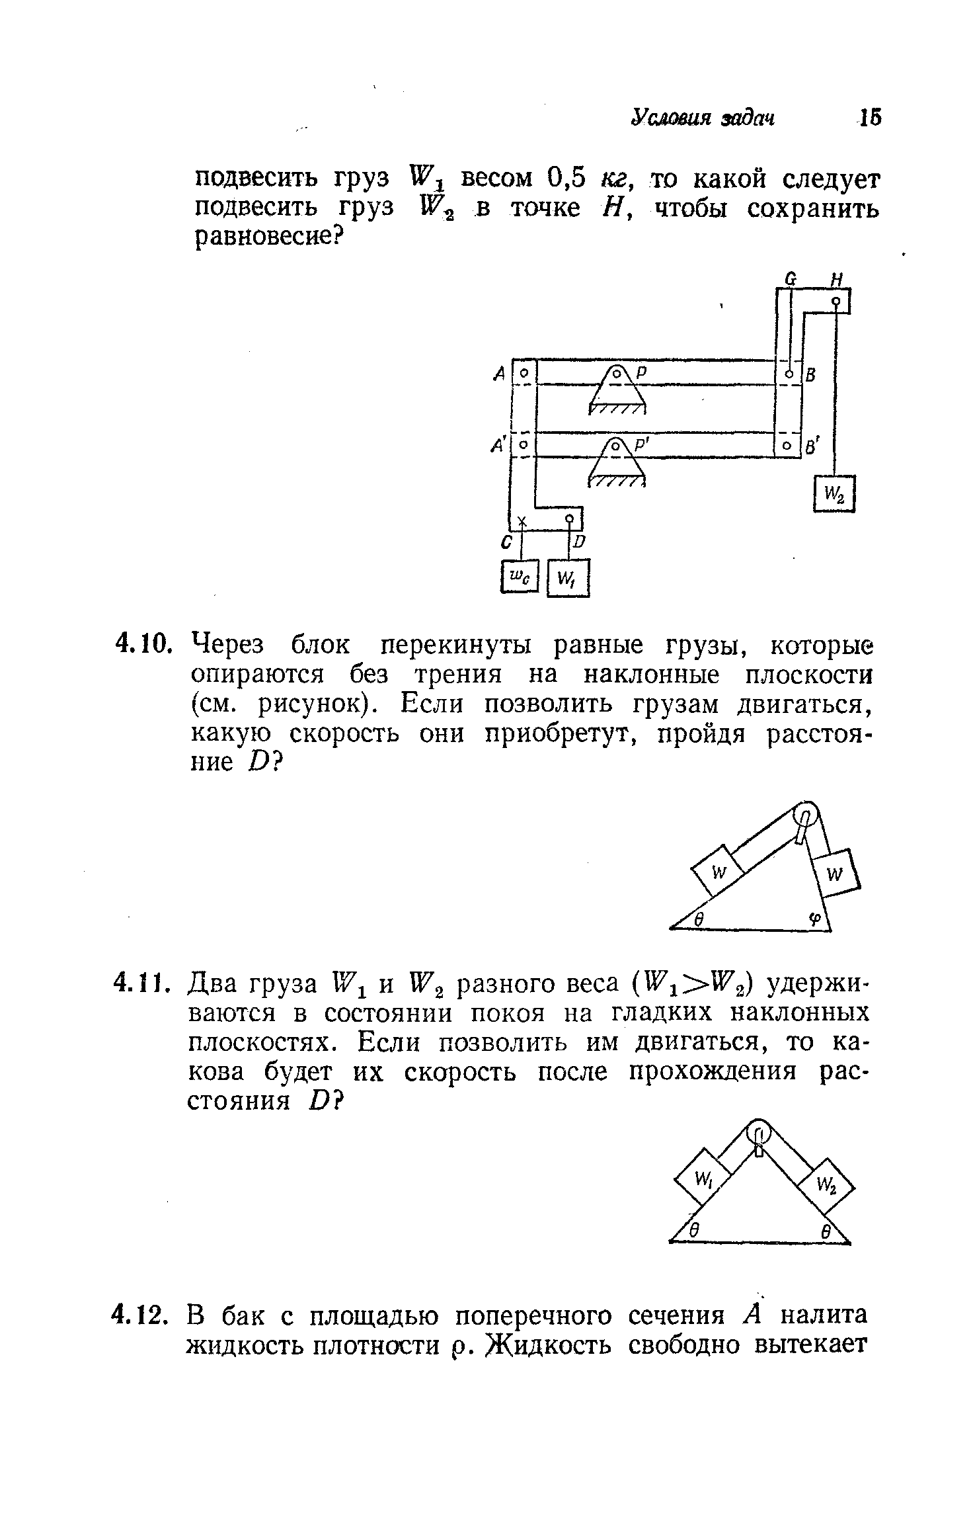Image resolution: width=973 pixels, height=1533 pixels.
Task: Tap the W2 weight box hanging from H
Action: (x=835, y=493)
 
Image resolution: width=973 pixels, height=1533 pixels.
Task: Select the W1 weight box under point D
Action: (x=568, y=578)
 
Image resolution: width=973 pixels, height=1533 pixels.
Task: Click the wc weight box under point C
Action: (x=521, y=577)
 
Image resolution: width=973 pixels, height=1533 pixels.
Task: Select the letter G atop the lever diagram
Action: (x=789, y=278)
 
